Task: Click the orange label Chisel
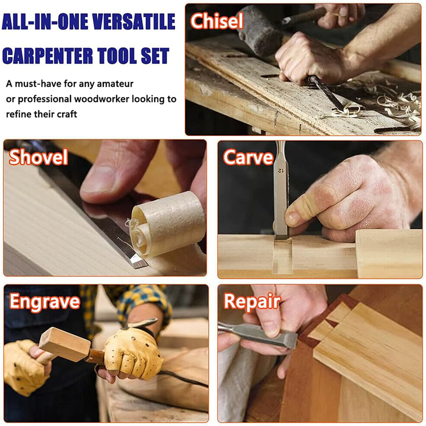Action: (x=216, y=21)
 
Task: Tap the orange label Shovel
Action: (x=38, y=157)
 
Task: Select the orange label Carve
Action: (x=248, y=158)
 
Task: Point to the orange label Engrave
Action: (x=44, y=302)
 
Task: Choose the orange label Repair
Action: (x=252, y=302)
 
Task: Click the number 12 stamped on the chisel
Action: (x=280, y=170)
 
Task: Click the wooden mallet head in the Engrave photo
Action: (x=64, y=345)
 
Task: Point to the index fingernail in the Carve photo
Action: (x=293, y=219)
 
